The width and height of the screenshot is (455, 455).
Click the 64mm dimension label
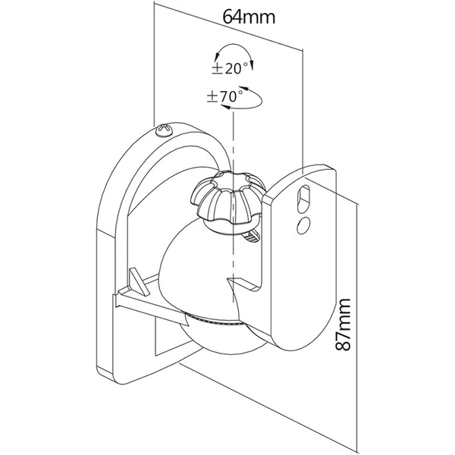(249, 17)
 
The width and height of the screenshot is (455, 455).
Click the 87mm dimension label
(343, 325)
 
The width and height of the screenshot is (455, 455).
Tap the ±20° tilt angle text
(230, 68)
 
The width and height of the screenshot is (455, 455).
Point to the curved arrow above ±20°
(234, 45)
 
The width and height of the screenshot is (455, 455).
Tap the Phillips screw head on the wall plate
(165, 130)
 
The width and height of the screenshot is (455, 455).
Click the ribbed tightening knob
(227, 197)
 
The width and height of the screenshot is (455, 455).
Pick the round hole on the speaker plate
(303, 225)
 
